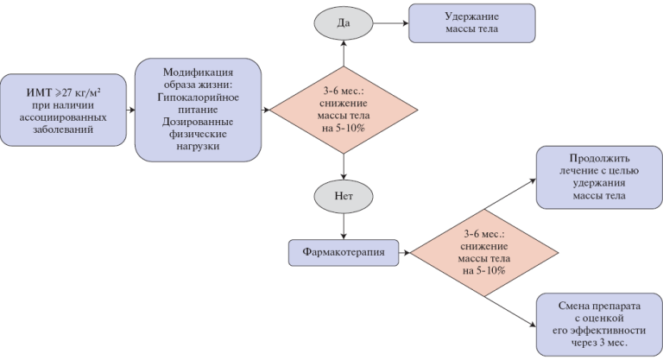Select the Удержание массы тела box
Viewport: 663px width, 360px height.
pyautogui.click(x=471, y=23)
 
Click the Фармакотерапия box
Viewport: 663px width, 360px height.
pyautogui.click(x=337, y=252)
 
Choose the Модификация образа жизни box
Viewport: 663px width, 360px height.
pyautogui.click(x=196, y=110)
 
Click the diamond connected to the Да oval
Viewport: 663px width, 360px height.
pyautogui.click(x=344, y=110)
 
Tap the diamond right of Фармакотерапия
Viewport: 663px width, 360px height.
pyautogui.click(x=483, y=252)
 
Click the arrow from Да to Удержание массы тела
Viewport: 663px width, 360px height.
pyautogui.click(x=391, y=22)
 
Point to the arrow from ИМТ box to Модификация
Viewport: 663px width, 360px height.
pyautogui.click(x=130, y=110)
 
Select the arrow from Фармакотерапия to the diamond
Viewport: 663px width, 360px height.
pyautogui.click(x=398, y=252)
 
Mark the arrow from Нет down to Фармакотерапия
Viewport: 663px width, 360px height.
pyautogui.click(x=344, y=226)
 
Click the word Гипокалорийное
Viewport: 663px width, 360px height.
pyautogui.click(x=196, y=98)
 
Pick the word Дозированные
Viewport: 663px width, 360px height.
pyautogui.click(x=196, y=123)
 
